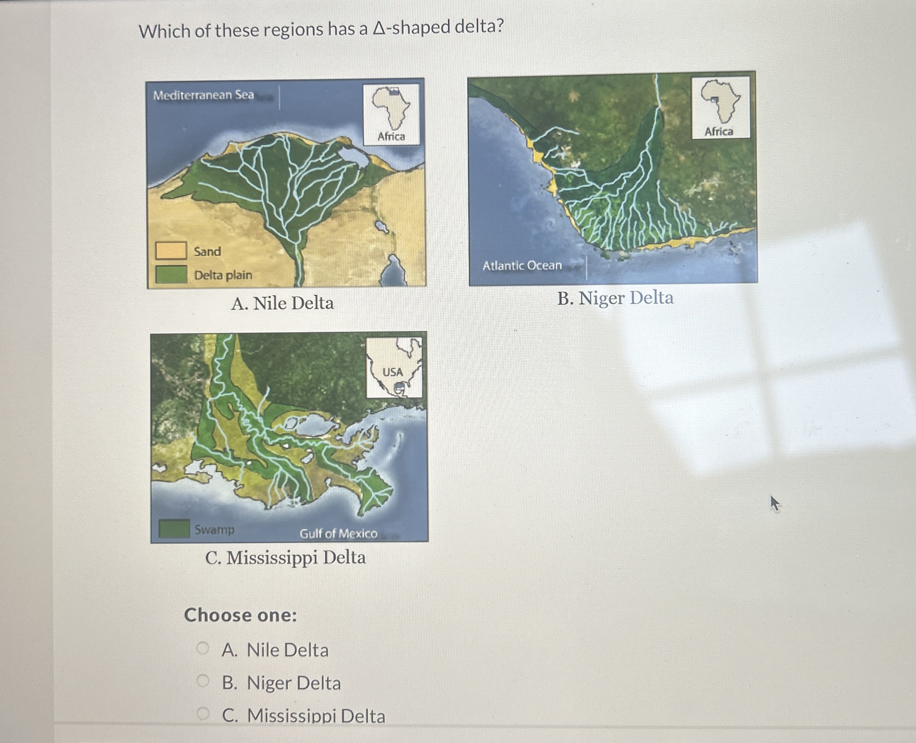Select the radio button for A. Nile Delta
click(203, 648)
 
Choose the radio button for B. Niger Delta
click(203, 681)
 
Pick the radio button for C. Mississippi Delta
click(203, 713)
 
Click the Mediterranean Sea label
click(204, 95)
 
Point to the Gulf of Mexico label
click(338, 534)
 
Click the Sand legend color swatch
click(171, 251)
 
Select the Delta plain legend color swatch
click(171, 274)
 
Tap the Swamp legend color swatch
click(174, 528)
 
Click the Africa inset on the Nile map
click(391, 114)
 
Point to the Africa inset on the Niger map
click(721, 107)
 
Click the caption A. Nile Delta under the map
click(282, 303)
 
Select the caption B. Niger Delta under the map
click(615, 298)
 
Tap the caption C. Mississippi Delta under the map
click(285, 557)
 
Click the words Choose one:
click(240, 615)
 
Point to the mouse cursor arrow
click(774, 503)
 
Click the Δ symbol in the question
click(379, 28)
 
